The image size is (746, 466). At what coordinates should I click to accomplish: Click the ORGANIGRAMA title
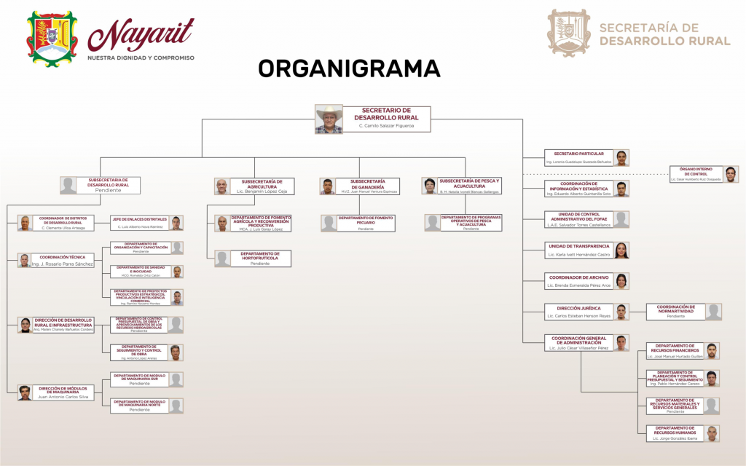349,68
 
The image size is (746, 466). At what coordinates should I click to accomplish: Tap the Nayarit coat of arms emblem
52,36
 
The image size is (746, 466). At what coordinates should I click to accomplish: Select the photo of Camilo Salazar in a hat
329,119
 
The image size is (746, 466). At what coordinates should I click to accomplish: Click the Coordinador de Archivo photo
621,281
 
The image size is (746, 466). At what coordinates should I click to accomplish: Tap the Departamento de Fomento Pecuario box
365,223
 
